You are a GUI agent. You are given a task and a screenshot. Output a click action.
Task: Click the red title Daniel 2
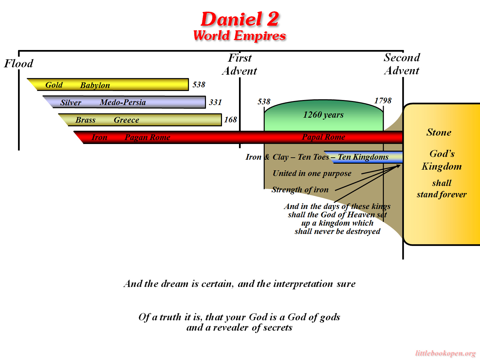(240, 19)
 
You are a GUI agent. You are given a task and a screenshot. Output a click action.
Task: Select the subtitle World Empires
(240, 35)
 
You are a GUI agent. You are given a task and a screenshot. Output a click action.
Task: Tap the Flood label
(19, 63)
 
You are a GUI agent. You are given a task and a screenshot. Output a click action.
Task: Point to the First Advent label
(240, 64)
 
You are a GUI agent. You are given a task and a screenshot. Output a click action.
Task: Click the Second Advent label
(402, 64)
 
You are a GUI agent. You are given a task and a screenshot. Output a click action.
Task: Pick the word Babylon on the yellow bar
(95, 85)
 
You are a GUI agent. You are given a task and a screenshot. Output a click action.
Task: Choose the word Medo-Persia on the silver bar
(123, 102)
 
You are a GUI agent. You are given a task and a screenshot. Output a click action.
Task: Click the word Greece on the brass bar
(126, 120)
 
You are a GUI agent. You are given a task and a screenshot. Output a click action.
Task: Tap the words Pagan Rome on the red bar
(147, 137)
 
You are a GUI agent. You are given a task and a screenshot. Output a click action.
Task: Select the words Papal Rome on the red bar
(323, 137)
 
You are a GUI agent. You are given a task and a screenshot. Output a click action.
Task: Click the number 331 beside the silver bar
(215, 102)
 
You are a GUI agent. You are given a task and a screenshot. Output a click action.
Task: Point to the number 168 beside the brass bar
(230, 120)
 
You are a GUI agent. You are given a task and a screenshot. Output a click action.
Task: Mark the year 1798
(383, 101)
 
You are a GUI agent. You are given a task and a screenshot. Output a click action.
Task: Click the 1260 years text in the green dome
(323, 115)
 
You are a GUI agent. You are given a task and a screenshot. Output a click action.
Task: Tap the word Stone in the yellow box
(439, 132)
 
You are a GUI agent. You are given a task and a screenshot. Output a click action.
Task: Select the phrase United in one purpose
(312, 173)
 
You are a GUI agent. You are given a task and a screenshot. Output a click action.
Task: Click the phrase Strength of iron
(300, 190)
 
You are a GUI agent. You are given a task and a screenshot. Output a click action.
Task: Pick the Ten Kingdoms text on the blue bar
(363, 157)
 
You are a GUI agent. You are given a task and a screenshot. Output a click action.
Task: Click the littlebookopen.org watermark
(445, 353)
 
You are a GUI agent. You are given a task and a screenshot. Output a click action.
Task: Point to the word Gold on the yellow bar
(54, 85)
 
